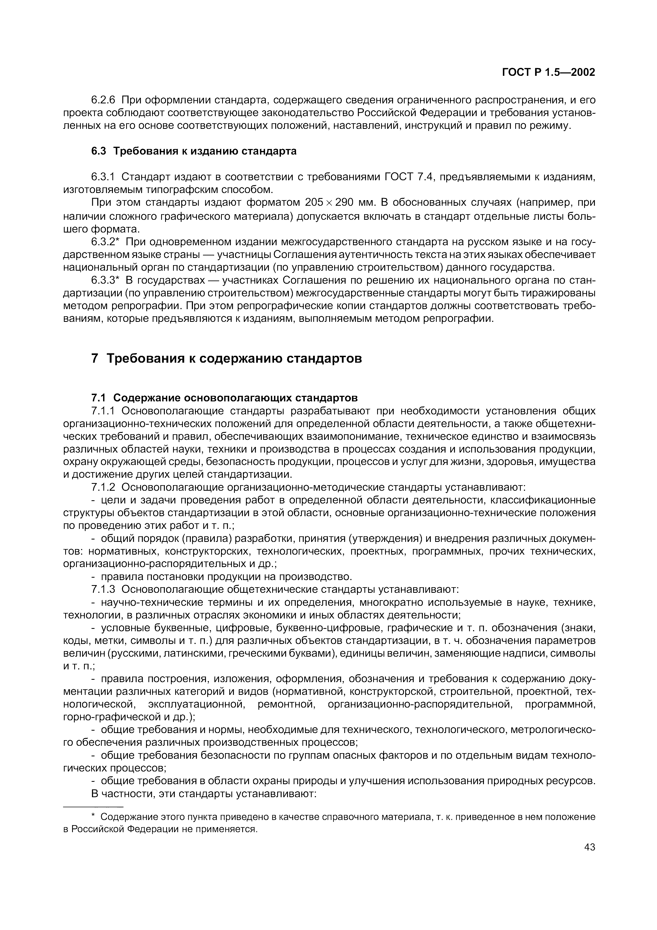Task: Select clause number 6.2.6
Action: pos(103,100)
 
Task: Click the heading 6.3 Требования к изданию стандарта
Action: pos(193,151)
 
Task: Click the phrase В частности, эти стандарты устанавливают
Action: pos(204,793)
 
